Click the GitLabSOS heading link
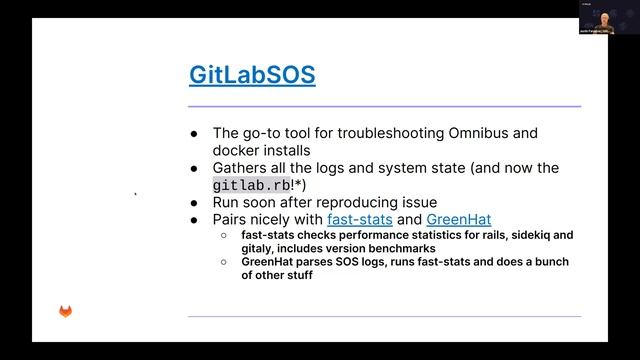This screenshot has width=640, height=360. click(x=252, y=75)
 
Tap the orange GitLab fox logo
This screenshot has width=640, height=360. click(x=66, y=312)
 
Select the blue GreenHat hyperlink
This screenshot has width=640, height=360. click(x=458, y=219)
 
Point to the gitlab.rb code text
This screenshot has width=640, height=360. click(x=249, y=185)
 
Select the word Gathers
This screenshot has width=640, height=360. click(x=243, y=167)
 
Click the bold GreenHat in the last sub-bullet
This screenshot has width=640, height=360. click(x=267, y=262)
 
